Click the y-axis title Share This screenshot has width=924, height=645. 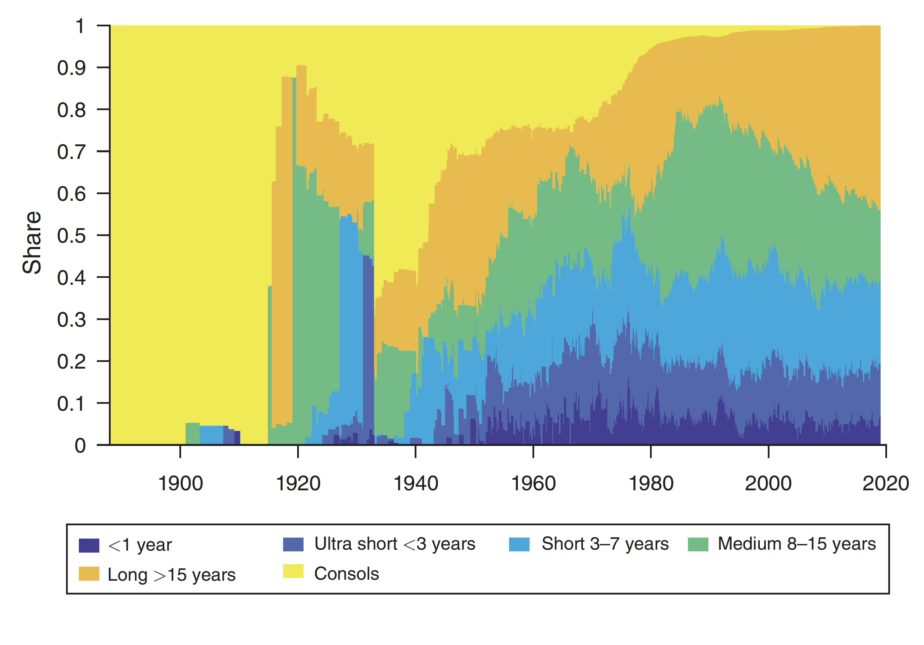pyautogui.click(x=32, y=243)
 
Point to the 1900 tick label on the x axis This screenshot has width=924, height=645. pyautogui.click(x=180, y=483)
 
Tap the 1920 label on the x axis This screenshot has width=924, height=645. pyautogui.click(x=298, y=483)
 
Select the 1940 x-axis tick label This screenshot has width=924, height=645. pyautogui.click(x=415, y=483)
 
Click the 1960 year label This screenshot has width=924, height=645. pyautogui.click(x=533, y=483)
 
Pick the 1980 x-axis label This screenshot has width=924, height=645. pyautogui.click(x=651, y=483)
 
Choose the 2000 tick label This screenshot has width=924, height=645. pyautogui.click(x=768, y=483)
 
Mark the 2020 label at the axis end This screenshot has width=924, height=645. pyautogui.click(x=885, y=483)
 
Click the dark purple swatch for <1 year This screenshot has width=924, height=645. pyautogui.click(x=89, y=545)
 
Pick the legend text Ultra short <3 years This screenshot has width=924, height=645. pyautogui.click(x=394, y=544)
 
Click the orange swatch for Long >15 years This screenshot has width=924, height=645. pyautogui.click(x=89, y=574)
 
